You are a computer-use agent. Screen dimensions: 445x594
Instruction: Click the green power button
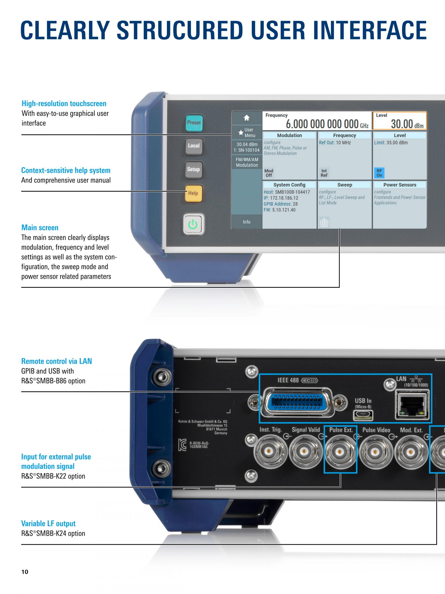click(193, 224)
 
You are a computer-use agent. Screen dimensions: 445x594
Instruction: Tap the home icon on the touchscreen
click(247, 118)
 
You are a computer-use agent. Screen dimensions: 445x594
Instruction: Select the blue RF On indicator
click(379, 173)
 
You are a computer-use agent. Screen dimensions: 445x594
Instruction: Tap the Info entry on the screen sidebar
click(247, 222)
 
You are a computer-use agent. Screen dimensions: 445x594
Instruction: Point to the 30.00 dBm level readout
click(407, 124)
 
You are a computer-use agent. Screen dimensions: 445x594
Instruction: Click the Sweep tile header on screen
click(344, 185)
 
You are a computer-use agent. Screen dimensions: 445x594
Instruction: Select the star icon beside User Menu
click(241, 133)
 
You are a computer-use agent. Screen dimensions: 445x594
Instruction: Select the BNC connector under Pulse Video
click(375, 452)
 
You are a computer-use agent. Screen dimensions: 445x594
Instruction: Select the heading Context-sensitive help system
click(66, 170)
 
